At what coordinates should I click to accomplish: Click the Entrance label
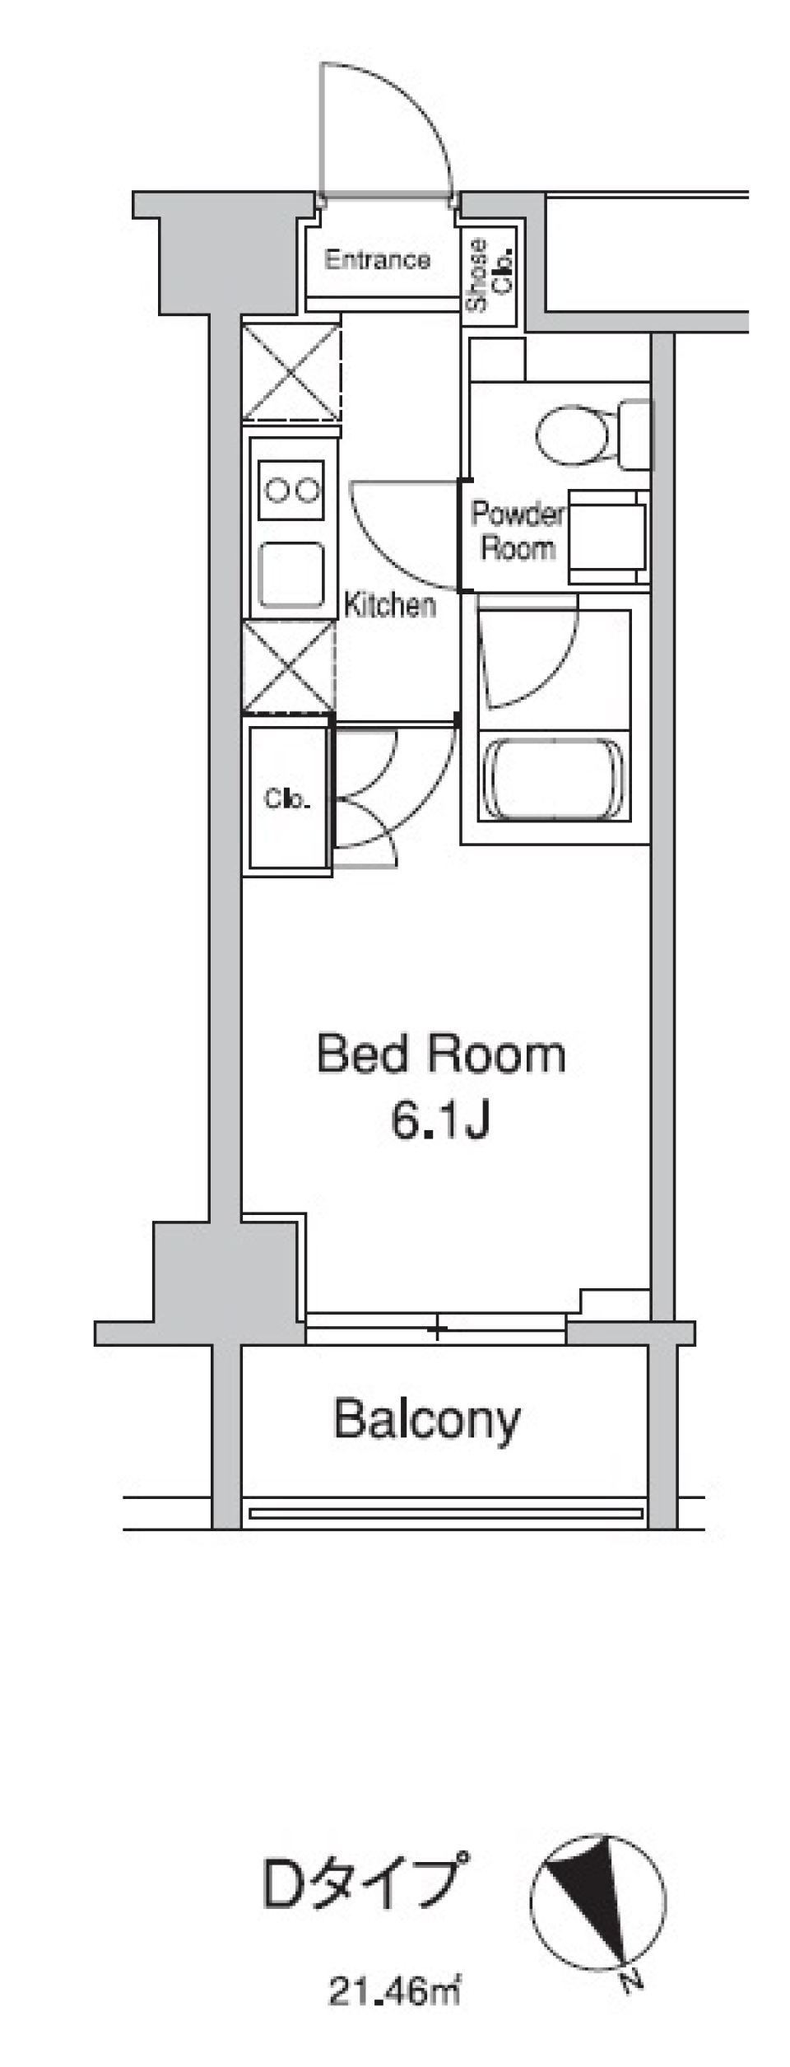pos(377,260)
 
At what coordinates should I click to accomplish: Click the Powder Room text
pos(517,532)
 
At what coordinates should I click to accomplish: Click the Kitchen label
pos(389,606)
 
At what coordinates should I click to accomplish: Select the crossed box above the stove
pos(291,372)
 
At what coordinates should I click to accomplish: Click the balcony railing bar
pos(445,1513)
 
